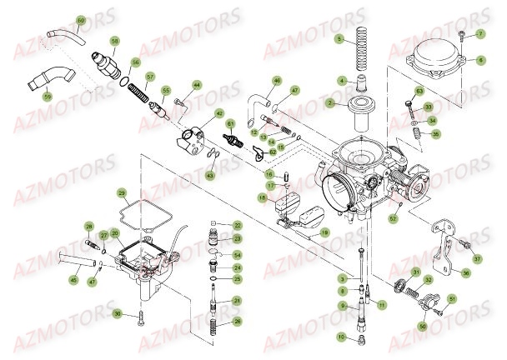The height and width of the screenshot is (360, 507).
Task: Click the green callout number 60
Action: pyautogui.click(x=58, y=19)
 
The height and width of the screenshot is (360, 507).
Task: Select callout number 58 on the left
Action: pyautogui.click(x=115, y=40)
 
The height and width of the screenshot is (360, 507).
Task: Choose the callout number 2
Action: pyautogui.click(x=330, y=103)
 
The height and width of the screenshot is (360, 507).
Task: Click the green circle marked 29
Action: pyautogui.click(x=123, y=193)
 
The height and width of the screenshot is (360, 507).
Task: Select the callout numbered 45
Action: pyautogui.click(x=73, y=280)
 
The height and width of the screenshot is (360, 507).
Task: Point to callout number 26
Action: pyautogui.click(x=238, y=321)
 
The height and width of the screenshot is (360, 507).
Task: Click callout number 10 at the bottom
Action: pyautogui.click(x=341, y=336)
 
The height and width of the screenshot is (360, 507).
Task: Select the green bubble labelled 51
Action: pyautogui.click(x=452, y=297)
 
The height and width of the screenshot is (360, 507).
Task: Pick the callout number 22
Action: pyautogui.click(x=237, y=225)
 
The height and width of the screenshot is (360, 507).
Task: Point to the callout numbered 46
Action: pyautogui.click(x=277, y=80)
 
